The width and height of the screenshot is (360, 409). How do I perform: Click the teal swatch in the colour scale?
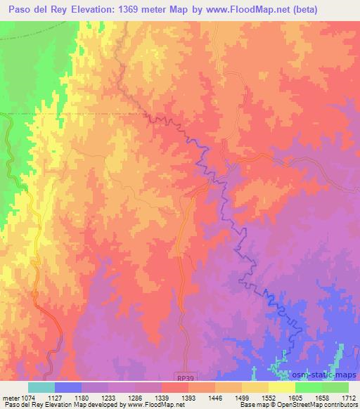pyautogui.click(x=41, y=387)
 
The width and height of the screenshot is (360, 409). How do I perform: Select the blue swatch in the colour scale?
pyautogui.click(x=68, y=387)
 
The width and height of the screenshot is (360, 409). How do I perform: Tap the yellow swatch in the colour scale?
pyautogui.click(x=282, y=387)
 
